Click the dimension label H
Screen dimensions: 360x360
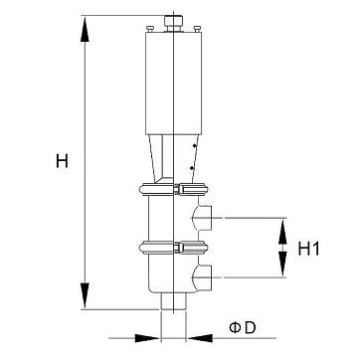click(62, 161)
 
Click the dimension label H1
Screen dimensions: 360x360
click(309, 249)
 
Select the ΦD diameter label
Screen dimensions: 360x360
click(243, 327)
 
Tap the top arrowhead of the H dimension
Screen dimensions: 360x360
click(85, 29)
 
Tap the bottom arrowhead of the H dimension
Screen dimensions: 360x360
click(85, 295)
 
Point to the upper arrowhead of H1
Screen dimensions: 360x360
click(282, 232)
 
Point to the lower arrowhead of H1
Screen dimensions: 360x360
click(282, 264)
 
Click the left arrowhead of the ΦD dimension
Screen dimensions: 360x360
click(147, 338)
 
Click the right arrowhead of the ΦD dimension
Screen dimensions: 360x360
click(200, 338)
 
